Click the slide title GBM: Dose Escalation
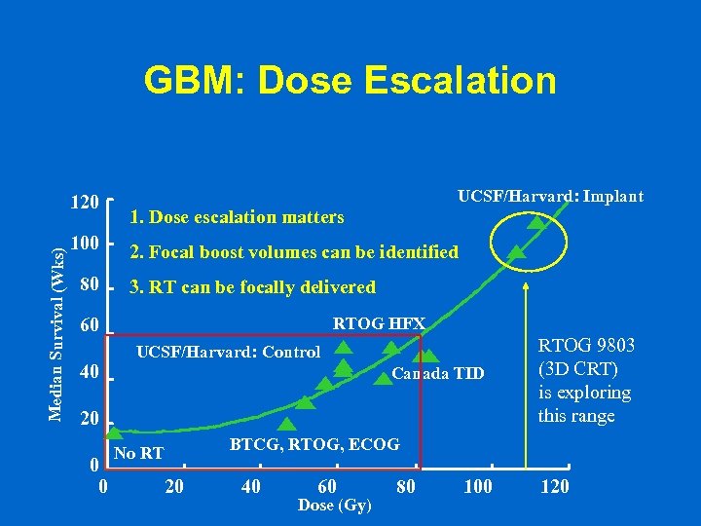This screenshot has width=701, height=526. (x=350, y=80)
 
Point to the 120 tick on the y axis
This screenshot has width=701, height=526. (x=86, y=203)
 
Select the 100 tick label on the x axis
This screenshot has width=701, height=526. (x=477, y=486)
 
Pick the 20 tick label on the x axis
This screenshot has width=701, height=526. (x=174, y=486)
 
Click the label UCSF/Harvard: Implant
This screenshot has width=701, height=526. (x=550, y=197)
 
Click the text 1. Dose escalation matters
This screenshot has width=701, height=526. (x=237, y=216)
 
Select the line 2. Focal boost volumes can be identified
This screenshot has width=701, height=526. (x=294, y=252)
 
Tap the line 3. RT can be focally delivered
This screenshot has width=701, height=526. (x=252, y=287)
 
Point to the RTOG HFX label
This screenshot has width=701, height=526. (x=379, y=323)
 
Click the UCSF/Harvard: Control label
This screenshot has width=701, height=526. (x=228, y=352)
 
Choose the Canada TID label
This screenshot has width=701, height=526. (x=437, y=374)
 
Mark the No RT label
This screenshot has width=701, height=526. (x=138, y=453)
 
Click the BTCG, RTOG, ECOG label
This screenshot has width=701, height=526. (x=314, y=444)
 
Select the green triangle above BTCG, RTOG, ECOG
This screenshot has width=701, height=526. (x=287, y=424)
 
